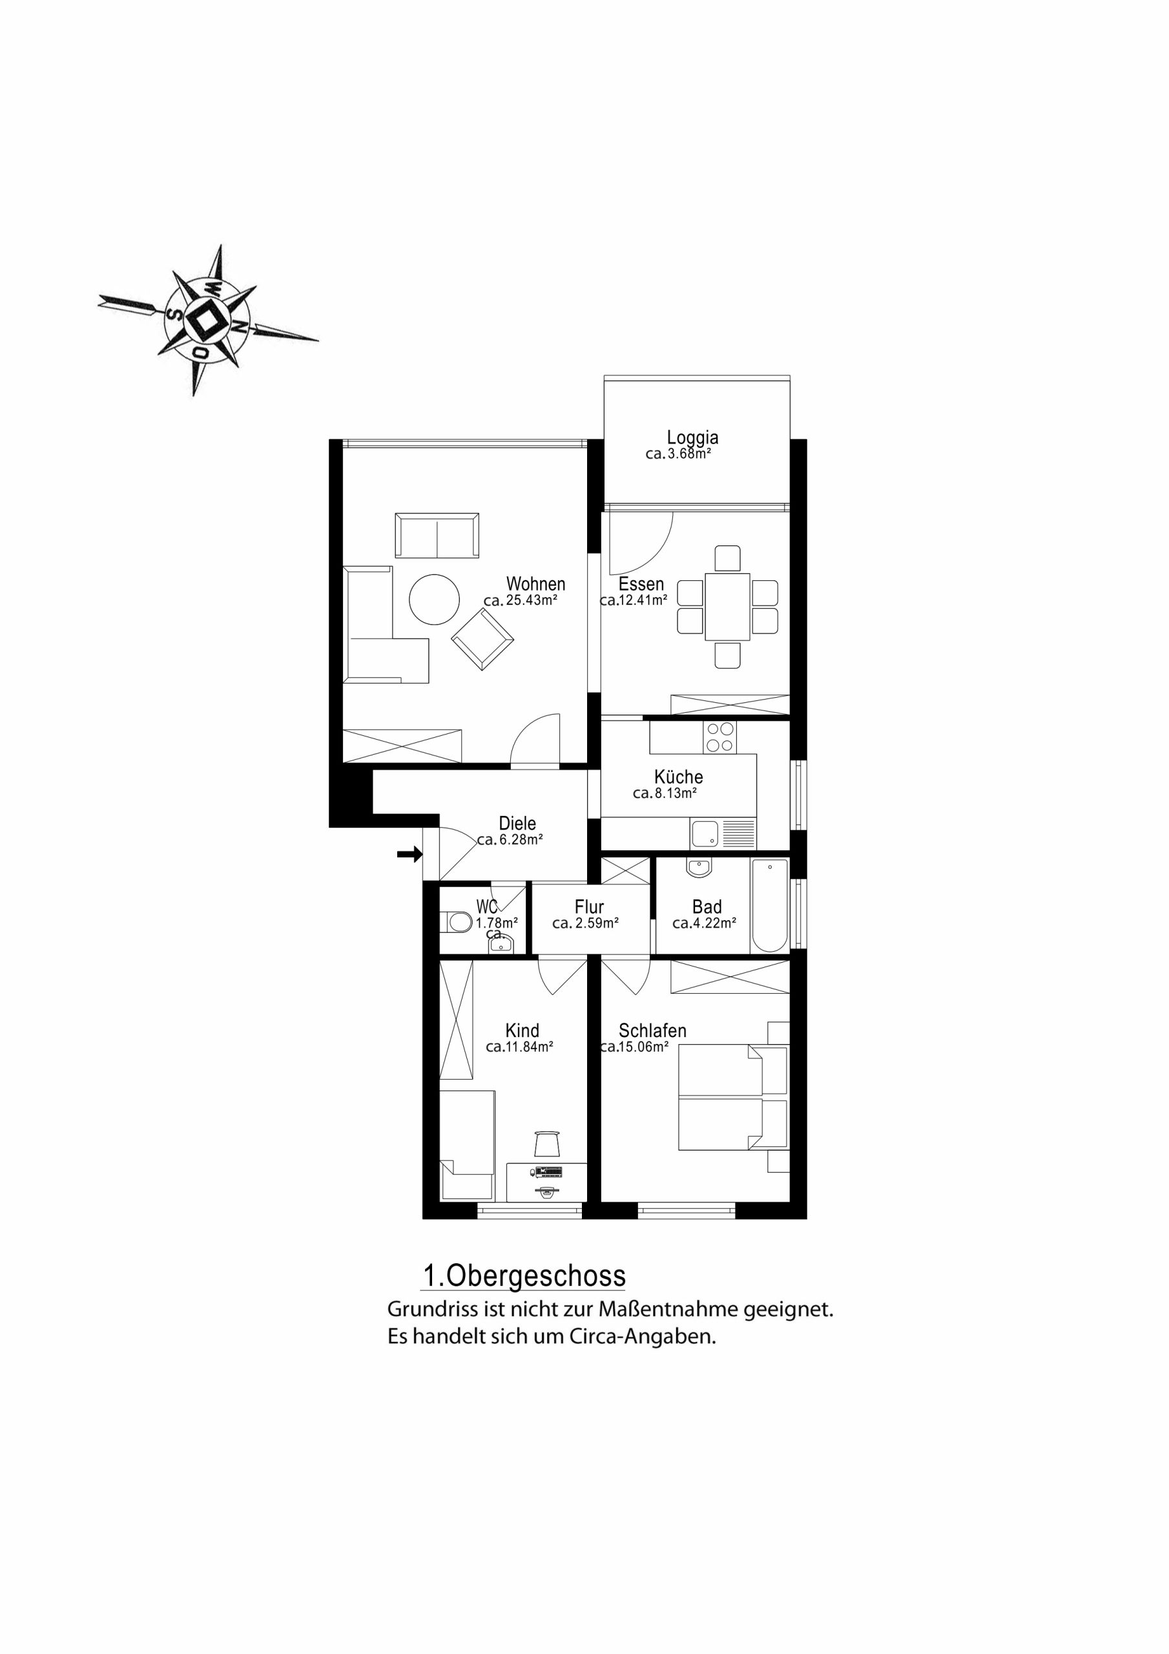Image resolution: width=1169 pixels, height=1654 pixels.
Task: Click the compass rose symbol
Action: (207, 320)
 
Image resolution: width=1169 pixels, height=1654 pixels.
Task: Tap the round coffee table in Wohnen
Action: (434, 599)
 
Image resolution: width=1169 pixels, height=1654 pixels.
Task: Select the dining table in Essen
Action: (727, 607)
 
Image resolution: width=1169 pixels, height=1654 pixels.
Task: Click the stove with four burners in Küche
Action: (720, 737)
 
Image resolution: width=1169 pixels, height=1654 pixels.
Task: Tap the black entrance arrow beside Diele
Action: (410, 854)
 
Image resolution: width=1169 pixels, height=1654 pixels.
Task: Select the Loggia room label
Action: (692, 437)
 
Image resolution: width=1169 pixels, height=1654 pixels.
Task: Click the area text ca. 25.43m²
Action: (520, 600)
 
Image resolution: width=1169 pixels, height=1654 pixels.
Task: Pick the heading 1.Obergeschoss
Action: (524, 1276)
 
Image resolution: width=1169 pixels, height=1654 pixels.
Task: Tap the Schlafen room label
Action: (652, 1031)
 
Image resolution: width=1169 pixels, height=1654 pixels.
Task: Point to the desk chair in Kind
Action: (548, 1142)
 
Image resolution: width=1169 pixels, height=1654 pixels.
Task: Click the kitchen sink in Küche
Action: (705, 834)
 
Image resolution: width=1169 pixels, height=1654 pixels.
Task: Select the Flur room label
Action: (589, 907)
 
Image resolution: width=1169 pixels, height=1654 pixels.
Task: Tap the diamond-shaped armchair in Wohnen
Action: (482, 639)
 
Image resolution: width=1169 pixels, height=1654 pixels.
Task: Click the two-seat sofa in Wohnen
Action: (437, 535)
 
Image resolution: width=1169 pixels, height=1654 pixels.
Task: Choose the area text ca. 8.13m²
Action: (665, 793)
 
